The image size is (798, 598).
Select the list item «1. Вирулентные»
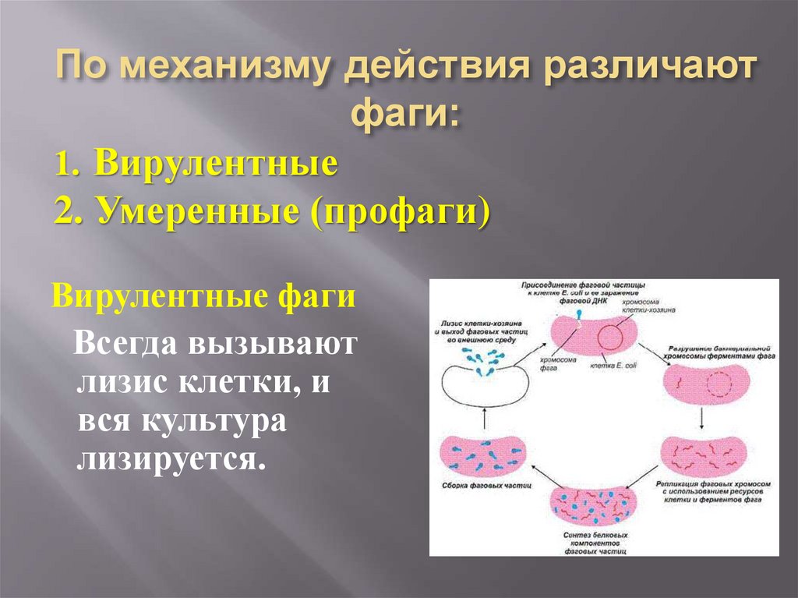point(196,165)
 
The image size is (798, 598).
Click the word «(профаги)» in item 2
point(401,211)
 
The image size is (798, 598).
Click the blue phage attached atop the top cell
point(578,315)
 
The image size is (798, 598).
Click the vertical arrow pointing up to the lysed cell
point(484,420)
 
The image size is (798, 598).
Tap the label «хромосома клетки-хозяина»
point(648,306)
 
